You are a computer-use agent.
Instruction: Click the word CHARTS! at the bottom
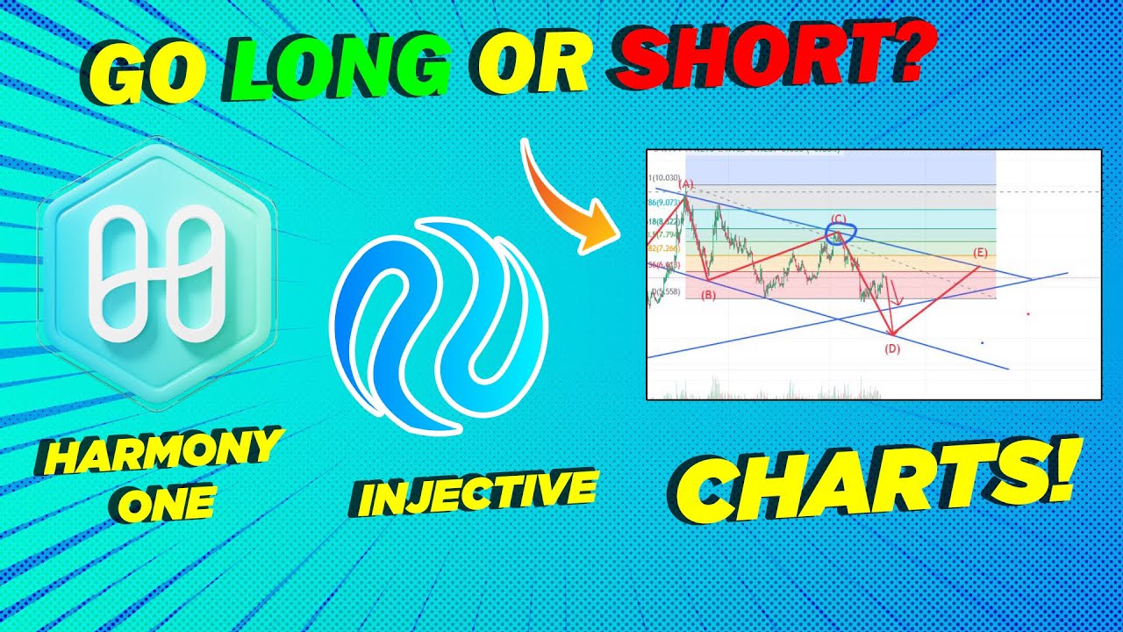pos(873,483)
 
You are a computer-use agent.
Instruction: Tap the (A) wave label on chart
pos(687,185)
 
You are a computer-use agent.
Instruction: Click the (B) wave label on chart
pos(709,296)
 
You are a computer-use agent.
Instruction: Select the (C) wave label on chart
pos(839,219)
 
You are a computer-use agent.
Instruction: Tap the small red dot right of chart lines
pos(1027,313)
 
